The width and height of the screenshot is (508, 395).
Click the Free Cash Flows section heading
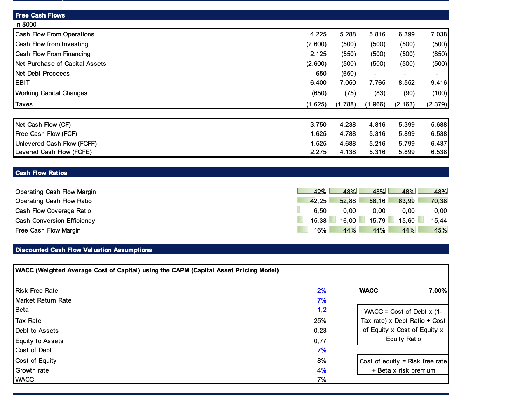pyautogui.click(x=40, y=15)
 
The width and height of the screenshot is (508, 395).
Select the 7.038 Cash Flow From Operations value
pyautogui.click(x=439, y=34)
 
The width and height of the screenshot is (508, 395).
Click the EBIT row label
pyautogui.click(x=22, y=83)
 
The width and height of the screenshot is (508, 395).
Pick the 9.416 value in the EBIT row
pyautogui.click(x=439, y=83)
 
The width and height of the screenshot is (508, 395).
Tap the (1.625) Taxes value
pyautogui.click(x=316, y=104)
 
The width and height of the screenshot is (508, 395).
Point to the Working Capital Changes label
pyautogui.click(x=51, y=93)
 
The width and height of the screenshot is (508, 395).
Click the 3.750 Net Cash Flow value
pyautogui.click(x=318, y=125)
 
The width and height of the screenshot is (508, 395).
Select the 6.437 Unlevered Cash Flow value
pyautogui.click(x=439, y=144)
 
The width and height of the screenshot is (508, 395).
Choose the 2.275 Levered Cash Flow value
pyautogui.click(x=318, y=152)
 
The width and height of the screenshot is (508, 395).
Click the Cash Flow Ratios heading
pyautogui.click(x=41, y=173)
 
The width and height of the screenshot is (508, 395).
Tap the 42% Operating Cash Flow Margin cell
pyautogui.click(x=312, y=191)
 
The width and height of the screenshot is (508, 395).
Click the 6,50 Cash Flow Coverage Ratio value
pyautogui.click(x=320, y=211)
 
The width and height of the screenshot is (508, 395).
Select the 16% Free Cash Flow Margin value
pyautogui.click(x=320, y=230)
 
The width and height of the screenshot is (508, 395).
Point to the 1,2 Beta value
pyautogui.click(x=322, y=310)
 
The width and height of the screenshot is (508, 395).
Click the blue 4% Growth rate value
pyautogui.click(x=322, y=370)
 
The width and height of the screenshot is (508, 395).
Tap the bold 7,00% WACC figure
pyautogui.click(x=438, y=291)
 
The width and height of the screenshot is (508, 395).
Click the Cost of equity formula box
pyautogui.click(x=403, y=365)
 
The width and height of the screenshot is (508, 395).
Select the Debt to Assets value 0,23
pyautogui.click(x=320, y=331)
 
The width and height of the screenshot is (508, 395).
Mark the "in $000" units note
pyautogui.click(x=26, y=25)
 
